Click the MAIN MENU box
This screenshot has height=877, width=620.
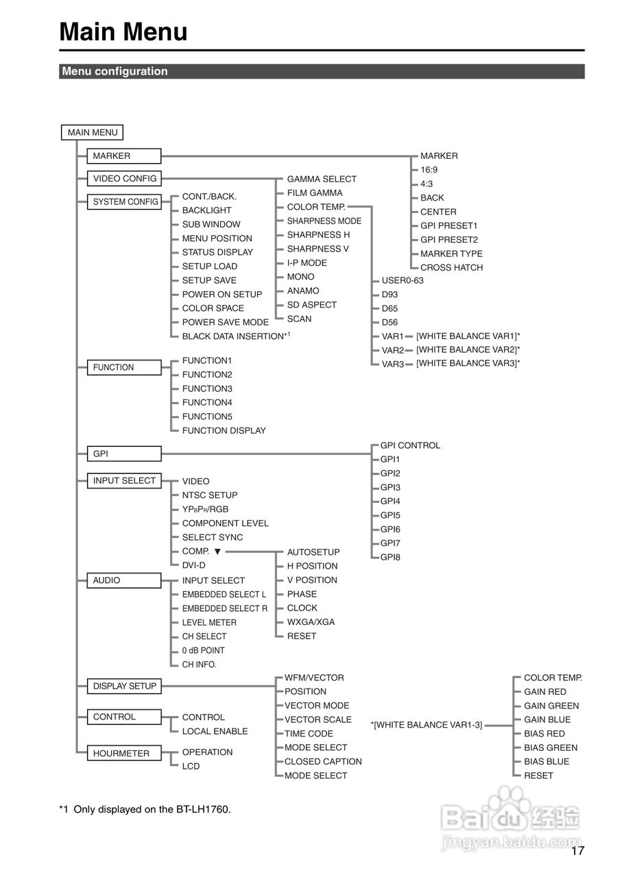click(93, 132)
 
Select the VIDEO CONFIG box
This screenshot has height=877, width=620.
click(124, 178)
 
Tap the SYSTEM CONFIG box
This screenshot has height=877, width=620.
click(124, 201)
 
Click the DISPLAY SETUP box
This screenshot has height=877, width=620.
click(124, 686)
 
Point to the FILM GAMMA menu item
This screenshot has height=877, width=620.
click(315, 193)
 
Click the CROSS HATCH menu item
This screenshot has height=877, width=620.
click(451, 267)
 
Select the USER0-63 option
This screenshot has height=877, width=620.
click(403, 280)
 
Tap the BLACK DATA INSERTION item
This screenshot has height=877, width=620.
click(233, 336)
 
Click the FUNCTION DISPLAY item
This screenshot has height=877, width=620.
click(224, 430)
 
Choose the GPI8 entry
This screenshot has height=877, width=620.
click(390, 557)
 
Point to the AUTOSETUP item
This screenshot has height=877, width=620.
click(313, 552)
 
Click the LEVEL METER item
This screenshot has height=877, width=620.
click(209, 622)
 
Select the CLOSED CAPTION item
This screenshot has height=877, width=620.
click(323, 761)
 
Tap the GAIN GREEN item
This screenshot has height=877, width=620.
click(551, 706)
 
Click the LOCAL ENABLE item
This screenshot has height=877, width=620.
click(215, 731)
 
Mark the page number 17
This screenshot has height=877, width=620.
click(577, 851)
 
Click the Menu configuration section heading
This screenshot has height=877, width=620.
click(115, 71)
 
